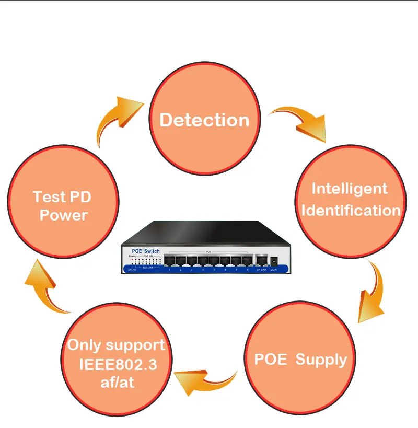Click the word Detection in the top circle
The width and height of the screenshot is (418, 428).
point(204,120)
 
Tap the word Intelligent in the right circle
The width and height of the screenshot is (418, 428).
point(350,189)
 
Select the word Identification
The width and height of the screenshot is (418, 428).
point(351,211)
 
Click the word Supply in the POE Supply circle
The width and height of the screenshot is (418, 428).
point(321,360)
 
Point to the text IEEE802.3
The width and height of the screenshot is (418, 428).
point(117,364)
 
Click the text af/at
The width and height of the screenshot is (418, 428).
point(117,382)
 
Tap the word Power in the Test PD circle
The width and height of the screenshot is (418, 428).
point(64,215)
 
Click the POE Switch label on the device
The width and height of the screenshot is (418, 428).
point(141,251)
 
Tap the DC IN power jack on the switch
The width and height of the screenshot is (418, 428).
point(273,260)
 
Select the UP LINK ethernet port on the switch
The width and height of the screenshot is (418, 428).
point(260,260)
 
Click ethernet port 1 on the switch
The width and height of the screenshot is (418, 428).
point(170,260)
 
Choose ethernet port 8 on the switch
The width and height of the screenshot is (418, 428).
point(247,260)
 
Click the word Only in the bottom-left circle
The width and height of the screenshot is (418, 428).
point(85,345)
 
